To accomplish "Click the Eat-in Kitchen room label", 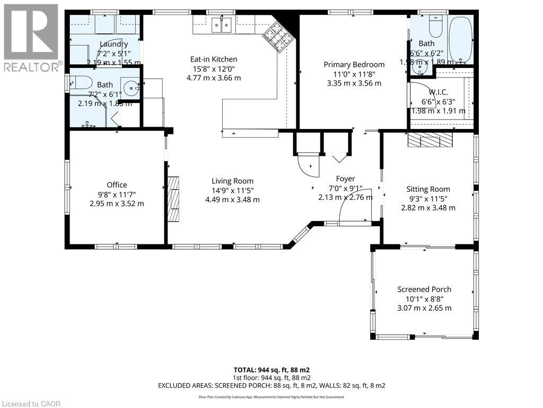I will coord(214,59).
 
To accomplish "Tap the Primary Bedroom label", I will coord(354,65).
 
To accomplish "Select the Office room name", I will coord(117,185).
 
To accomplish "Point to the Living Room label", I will coord(233,181).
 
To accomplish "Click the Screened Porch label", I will coord(424,290).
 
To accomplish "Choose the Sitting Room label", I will coord(428,189).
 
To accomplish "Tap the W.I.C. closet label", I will coord(434,92).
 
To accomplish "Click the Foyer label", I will coord(345,179).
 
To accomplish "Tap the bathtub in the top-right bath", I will coord(460,40).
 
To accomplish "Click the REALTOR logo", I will coord(31,37).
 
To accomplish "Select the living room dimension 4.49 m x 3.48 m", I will coord(233,200).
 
